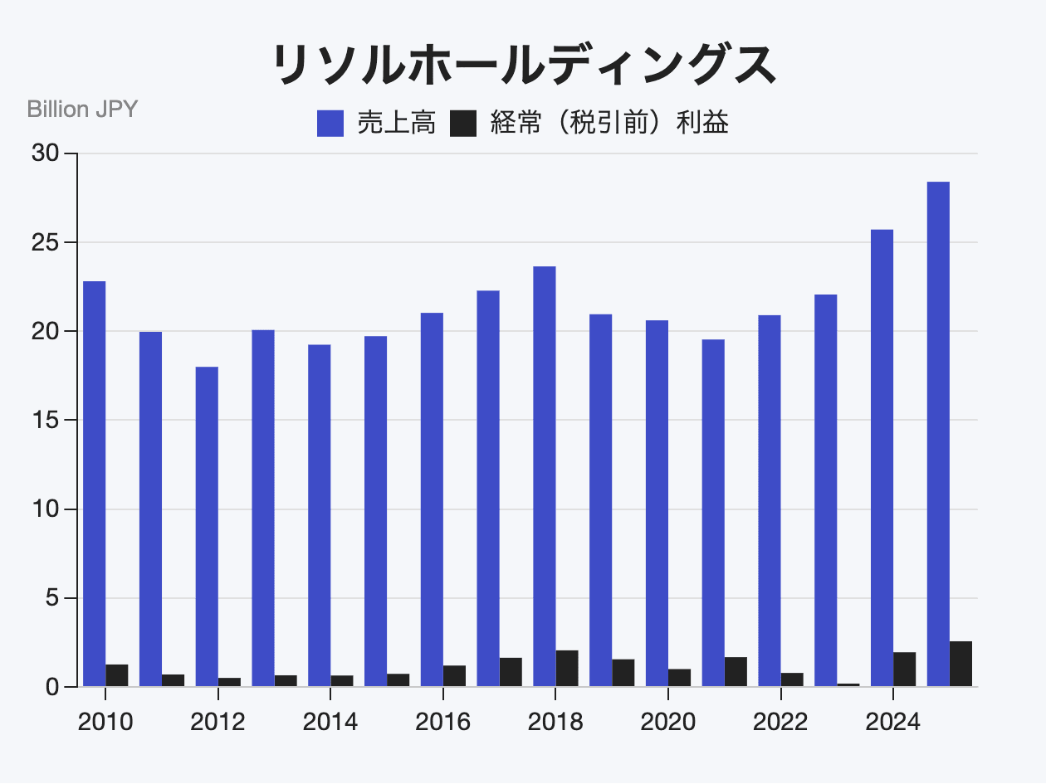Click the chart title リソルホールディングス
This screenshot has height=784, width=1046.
pyautogui.click(x=523, y=65)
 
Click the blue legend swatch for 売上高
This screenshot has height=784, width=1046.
pyautogui.click(x=330, y=124)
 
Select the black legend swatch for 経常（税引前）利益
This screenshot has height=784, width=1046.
pyautogui.click(x=463, y=124)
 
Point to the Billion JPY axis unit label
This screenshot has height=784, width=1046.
pyautogui.click(x=82, y=109)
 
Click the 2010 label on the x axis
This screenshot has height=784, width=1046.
pyautogui.click(x=105, y=722)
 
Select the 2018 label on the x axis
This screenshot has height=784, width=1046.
pyautogui.click(x=555, y=722)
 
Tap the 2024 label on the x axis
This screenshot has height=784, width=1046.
pyautogui.click(x=893, y=722)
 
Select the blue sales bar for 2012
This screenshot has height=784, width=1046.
pyautogui.click(x=207, y=527)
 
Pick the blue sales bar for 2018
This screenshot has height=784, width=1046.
pyautogui.click(x=545, y=476)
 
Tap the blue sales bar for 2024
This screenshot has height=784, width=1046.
pyautogui.click(x=882, y=458)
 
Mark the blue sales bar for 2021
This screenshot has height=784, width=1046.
pyautogui.click(x=713, y=513)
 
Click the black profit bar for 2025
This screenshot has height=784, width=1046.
pyautogui.click(x=960, y=664)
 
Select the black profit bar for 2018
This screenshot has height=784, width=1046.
pyautogui.click(x=567, y=669)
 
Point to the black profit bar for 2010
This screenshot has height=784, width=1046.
pyautogui.click(x=117, y=675)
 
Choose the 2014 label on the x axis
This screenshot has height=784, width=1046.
pyautogui.click(x=330, y=722)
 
